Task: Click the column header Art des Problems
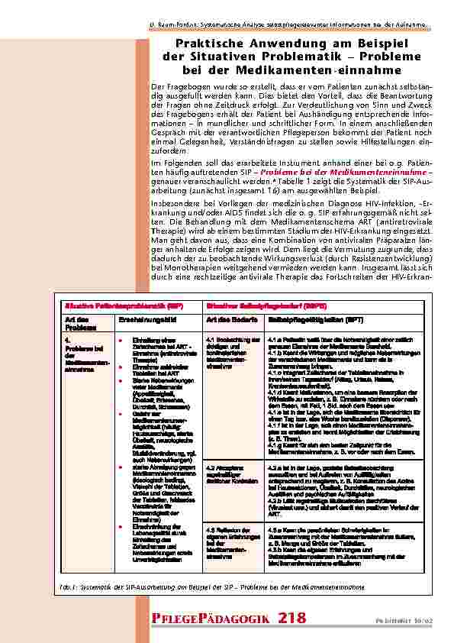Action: click(x=79, y=321)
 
